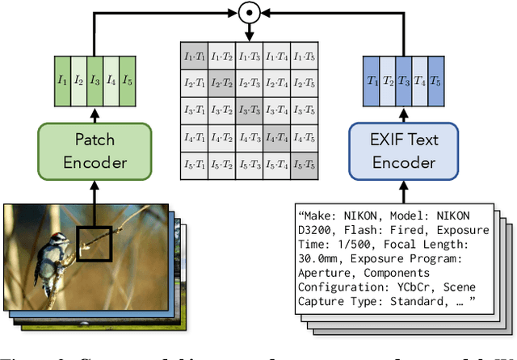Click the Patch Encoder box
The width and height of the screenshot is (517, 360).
[x=95, y=151]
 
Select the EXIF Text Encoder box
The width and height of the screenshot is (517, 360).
[x=394, y=151]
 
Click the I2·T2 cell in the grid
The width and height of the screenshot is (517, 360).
[x=222, y=83]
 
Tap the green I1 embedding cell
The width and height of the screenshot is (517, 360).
[x=63, y=79]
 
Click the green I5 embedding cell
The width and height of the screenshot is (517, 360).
[x=128, y=79]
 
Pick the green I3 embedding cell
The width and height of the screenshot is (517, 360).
[x=95, y=79]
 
